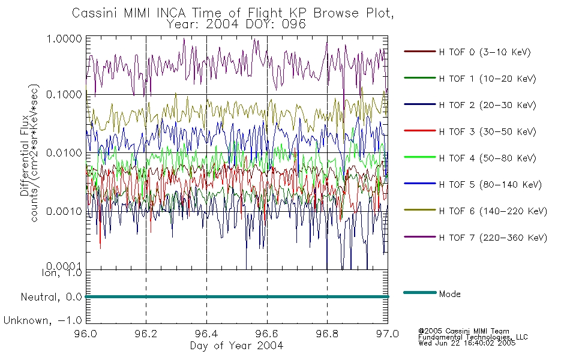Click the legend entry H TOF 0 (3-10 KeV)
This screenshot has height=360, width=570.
tap(485, 52)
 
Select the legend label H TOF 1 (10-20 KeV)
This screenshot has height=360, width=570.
tap(487, 79)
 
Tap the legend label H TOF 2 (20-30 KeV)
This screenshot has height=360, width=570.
tap(487, 105)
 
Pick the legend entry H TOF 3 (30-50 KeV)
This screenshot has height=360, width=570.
tap(487, 131)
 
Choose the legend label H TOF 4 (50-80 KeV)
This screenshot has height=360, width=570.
tap(487, 158)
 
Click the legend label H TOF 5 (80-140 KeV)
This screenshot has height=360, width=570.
tap(490, 185)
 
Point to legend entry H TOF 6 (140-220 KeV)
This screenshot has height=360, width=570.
tap(493, 211)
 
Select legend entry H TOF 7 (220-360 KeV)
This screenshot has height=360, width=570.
tap(493, 238)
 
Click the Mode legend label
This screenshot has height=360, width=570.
tap(449, 294)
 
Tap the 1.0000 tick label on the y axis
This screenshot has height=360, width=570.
tap(64, 38)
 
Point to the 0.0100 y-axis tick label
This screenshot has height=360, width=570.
tap(64, 153)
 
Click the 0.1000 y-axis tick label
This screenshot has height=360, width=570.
tap(64, 95)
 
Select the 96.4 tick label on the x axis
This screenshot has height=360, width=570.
tap(206, 334)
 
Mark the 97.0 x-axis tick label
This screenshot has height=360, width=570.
tap(388, 334)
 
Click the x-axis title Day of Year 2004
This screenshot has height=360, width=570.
tap(236, 346)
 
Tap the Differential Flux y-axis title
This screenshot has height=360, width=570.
tap(25, 155)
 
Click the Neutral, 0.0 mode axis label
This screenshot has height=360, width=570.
tap(51, 298)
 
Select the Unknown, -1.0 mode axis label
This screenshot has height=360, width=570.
tap(43, 320)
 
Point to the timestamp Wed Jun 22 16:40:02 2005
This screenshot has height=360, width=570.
tap(467, 343)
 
